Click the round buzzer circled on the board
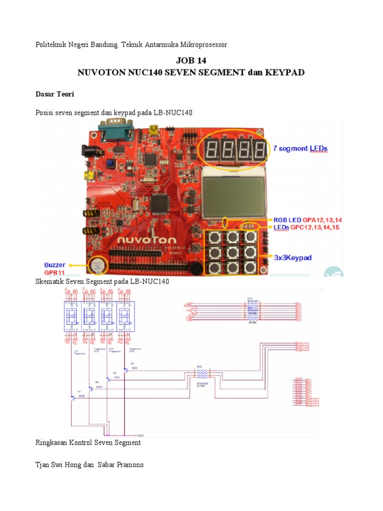point(97,265)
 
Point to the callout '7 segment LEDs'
point(300,148)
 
